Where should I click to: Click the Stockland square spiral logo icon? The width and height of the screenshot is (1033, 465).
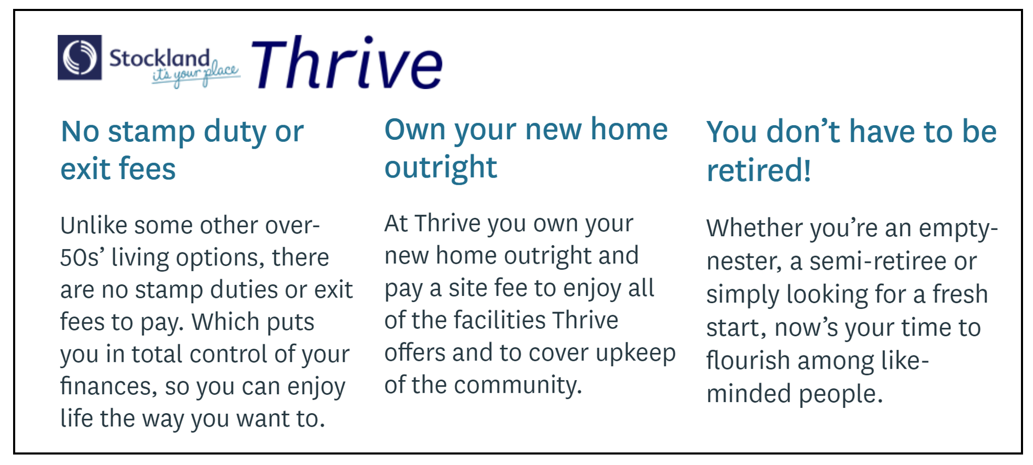(80, 58)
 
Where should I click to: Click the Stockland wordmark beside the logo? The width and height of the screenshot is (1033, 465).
(159, 58)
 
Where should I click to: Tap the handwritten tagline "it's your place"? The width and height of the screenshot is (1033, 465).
(196, 74)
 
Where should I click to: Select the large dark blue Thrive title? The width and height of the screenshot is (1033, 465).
(347, 63)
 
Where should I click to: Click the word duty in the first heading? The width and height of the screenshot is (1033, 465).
(235, 132)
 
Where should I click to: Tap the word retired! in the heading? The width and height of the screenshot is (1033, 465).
(759, 171)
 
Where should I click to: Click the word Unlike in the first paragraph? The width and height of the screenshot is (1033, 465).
(94, 226)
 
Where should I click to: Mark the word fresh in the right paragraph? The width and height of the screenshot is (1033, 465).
(960, 294)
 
